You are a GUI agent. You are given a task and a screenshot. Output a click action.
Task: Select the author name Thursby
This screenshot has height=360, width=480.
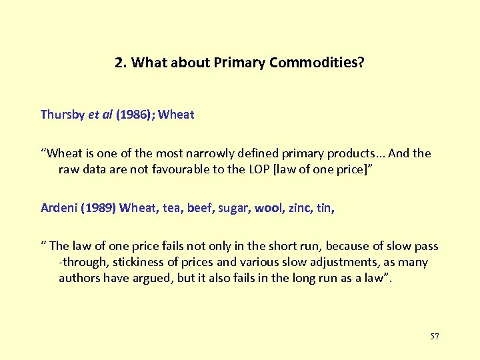click(63, 114)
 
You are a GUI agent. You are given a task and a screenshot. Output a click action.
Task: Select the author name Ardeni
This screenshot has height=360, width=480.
click(59, 208)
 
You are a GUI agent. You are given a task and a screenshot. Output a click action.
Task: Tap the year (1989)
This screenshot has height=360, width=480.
click(99, 208)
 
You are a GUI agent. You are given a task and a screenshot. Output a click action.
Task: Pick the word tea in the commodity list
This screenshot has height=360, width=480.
click(171, 208)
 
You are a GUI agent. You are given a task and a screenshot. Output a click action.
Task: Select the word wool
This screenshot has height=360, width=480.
click(269, 208)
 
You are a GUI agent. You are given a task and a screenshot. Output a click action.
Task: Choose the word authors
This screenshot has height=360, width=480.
click(80, 278)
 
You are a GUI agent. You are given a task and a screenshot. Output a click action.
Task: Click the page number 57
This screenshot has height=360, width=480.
click(435, 336)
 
